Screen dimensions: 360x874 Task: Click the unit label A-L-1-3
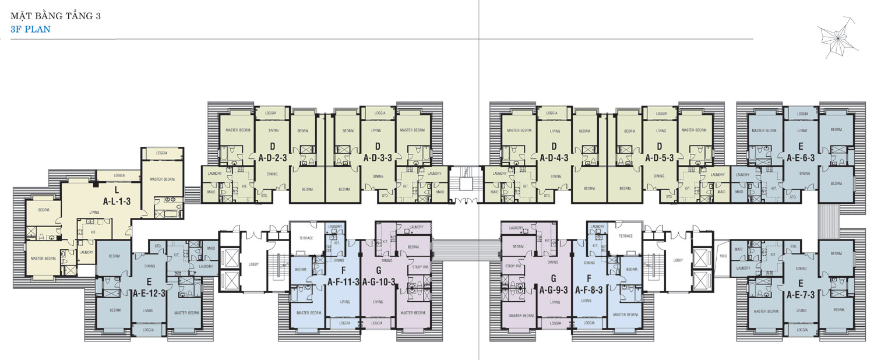click(117, 199)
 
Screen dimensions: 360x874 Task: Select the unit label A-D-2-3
click(272, 157)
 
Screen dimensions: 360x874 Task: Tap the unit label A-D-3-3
click(378, 157)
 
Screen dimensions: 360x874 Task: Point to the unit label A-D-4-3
click(554, 157)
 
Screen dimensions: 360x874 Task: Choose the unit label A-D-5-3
click(660, 157)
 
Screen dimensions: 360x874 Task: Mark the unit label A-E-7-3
click(801, 295)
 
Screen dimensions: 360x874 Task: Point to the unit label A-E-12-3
click(150, 293)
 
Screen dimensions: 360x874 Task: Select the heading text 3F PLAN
click(30, 28)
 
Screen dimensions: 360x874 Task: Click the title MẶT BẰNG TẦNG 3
click(55, 16)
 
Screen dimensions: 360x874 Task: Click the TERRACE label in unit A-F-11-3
click(306, 238)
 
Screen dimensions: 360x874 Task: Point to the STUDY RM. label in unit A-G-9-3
click(513, 266)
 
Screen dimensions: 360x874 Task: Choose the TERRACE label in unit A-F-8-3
click(625, 236)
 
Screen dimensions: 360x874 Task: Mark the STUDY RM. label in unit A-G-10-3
click(419, 267)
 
